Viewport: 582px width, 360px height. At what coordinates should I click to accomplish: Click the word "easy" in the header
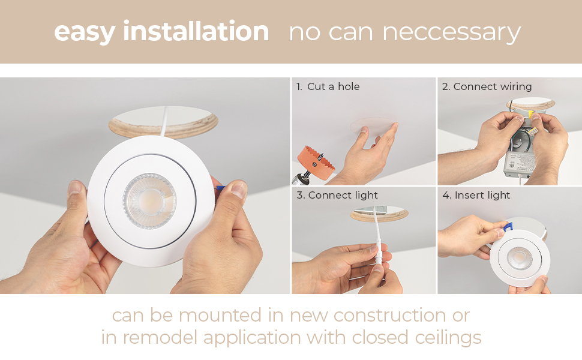click(84, 32)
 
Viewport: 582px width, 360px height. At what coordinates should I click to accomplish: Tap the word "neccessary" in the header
click(451, 32)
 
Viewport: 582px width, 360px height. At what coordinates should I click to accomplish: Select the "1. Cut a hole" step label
click(328, 86)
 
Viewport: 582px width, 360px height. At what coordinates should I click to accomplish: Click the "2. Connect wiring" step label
click(487, 86)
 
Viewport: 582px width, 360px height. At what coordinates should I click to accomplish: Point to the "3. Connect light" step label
click(337, 195)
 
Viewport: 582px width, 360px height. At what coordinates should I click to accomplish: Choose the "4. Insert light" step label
click(476, 195)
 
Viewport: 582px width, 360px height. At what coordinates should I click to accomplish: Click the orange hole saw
click(316, 163)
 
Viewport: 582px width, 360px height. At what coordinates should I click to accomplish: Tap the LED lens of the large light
click(149, 201)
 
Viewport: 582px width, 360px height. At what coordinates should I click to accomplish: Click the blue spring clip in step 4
click(508, 226)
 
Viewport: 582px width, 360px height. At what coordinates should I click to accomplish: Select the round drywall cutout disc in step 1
click(372, 128)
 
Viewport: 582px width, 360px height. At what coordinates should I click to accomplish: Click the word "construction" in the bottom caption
click(390, 316)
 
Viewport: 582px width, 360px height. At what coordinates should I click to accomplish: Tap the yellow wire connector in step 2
click(532, 113)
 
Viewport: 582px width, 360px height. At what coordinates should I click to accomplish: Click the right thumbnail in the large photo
click(239, 190)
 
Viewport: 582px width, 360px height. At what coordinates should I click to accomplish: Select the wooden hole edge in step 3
click(379, 217)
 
